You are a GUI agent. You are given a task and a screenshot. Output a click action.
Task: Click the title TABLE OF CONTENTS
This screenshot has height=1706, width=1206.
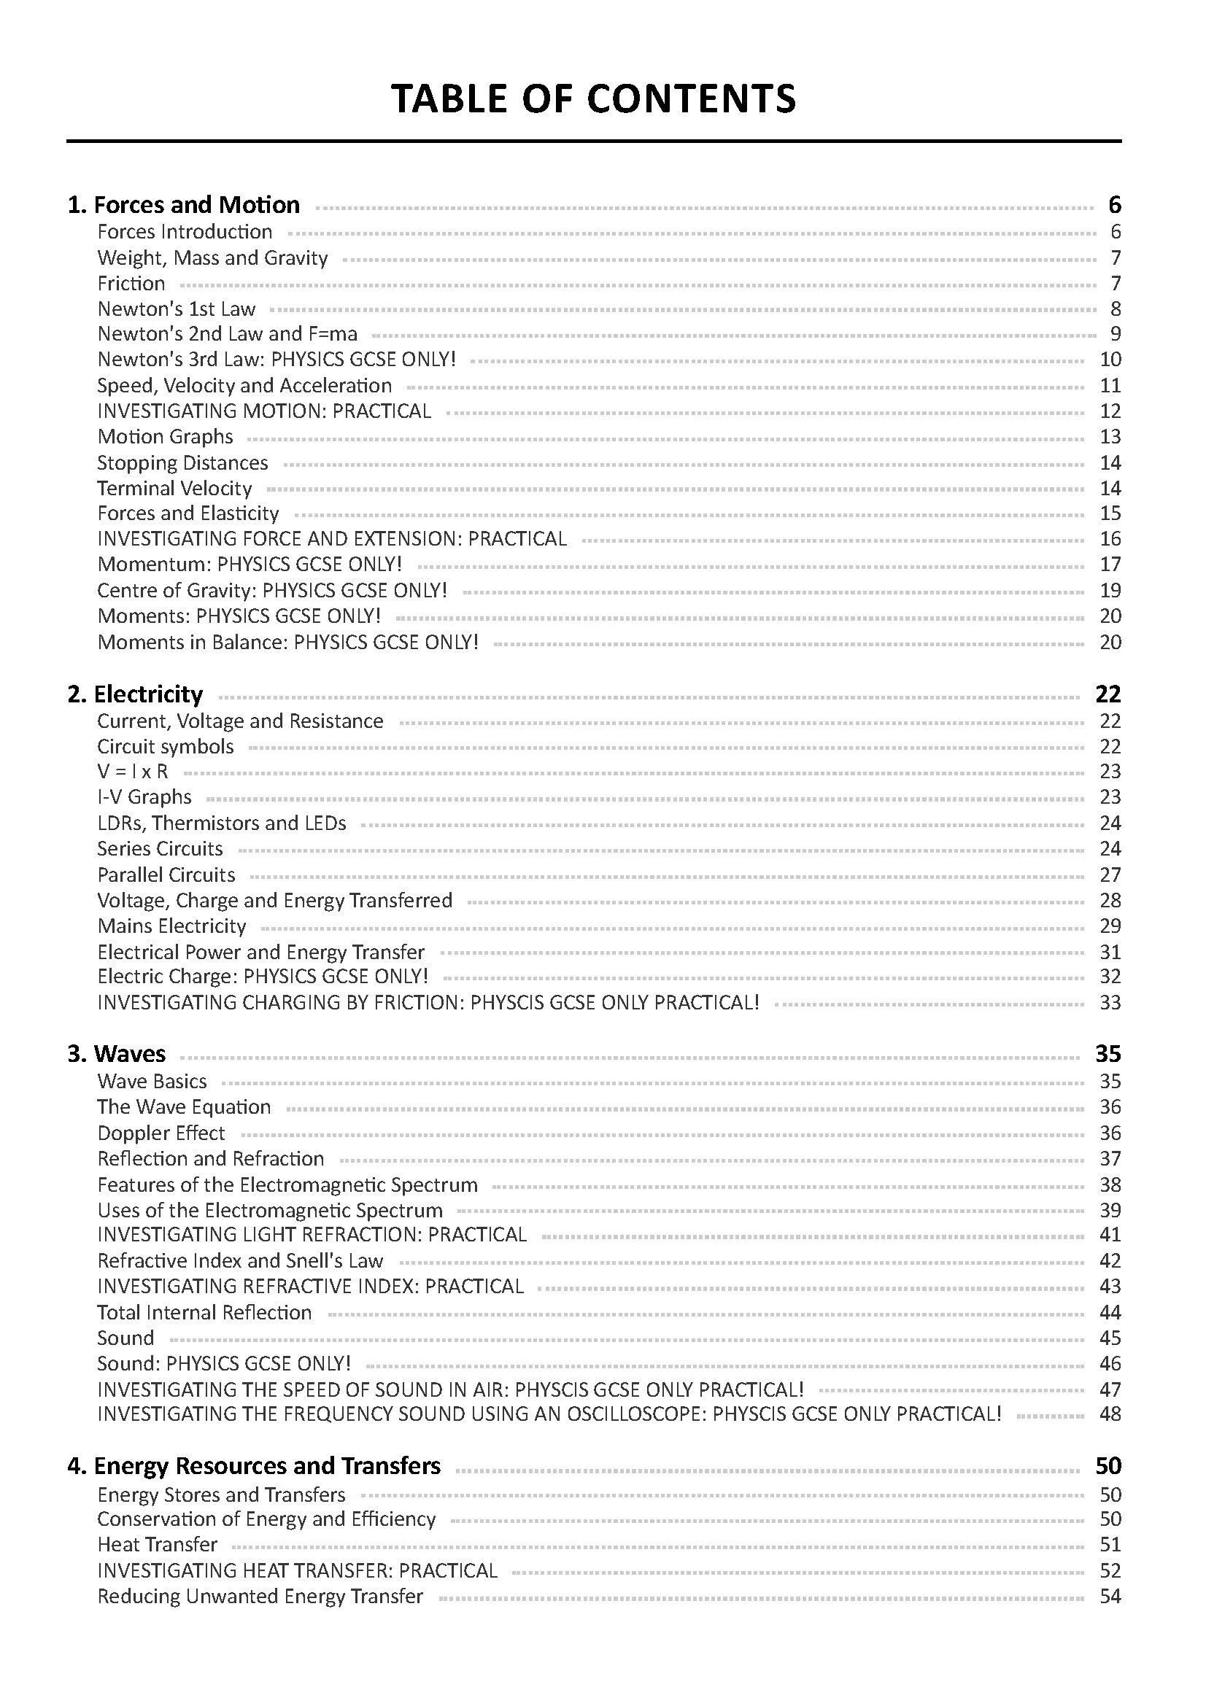pos(593,98)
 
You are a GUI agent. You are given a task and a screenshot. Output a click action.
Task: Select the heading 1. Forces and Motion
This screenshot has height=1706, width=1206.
pos(184,204)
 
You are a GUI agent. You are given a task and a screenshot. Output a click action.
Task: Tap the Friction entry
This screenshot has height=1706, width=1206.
pos(131,283)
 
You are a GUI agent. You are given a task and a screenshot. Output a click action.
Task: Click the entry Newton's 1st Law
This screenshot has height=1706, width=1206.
pos(176,309)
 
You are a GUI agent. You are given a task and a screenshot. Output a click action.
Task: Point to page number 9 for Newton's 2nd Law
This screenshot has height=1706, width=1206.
pos(1115,333)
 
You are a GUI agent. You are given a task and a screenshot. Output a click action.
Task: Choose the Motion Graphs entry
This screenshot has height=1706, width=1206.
pos(165,436)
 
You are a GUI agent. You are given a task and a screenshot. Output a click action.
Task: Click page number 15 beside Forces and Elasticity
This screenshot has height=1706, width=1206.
pos(1110,513)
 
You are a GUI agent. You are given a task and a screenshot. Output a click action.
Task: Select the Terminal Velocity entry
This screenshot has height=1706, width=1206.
pos(174,488)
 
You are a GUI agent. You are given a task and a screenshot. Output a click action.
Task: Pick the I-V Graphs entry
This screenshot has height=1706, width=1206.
pos(144,796)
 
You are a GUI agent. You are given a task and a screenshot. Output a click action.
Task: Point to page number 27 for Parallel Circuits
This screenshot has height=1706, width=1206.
pos(1110,875)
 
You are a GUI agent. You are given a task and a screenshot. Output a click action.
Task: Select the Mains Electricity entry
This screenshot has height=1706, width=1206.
pos(171,926)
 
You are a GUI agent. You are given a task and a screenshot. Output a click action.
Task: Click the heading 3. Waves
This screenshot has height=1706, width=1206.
pos(117,1054)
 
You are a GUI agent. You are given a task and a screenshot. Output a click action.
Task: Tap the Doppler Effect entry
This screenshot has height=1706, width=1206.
pos(161,1133)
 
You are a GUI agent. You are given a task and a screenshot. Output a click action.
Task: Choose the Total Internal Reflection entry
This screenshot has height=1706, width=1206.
pos(204,1312)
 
